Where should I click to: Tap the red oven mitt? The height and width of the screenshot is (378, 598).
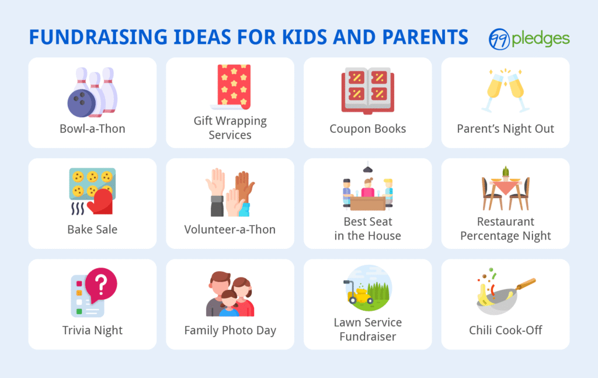tap(100, 202)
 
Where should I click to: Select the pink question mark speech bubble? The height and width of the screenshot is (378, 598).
tap(100, 284)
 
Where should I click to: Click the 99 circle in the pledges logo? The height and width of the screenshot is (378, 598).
tap(499, 39)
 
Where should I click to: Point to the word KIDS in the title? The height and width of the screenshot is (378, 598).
tap(304, 37)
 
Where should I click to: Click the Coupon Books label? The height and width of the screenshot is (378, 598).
tap(368, 129)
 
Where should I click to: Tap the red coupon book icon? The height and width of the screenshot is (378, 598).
tap(368, 91)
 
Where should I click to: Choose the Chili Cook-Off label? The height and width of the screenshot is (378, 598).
tap(505, 330)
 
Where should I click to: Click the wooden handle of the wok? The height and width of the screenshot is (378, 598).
tap(526, 284)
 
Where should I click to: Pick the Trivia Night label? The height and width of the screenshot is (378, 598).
tap(92, 330)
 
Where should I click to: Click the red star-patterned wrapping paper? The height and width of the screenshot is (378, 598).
tap(234, 86)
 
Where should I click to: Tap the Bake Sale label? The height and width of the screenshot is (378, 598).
tap(92, 229)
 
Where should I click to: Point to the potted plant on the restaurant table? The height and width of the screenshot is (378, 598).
tap(505, 173)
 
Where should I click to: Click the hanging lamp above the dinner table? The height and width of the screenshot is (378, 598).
tap(368, 168)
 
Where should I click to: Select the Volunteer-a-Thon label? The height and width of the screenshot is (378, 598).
tap(230, 229)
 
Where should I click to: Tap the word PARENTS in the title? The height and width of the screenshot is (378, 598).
tap(425, 37)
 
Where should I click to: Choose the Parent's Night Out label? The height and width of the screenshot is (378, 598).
tap(505, 129)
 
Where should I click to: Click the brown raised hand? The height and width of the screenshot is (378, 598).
tap(244, 187)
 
